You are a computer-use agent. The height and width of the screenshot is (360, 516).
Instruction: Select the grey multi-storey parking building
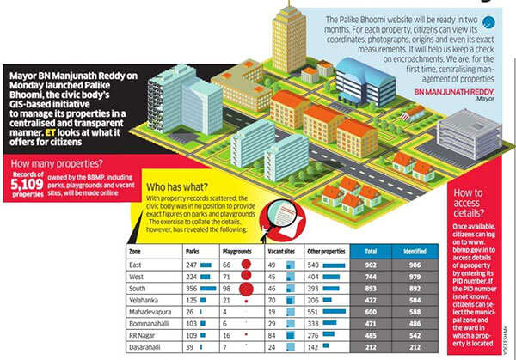tap(469, 132)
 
